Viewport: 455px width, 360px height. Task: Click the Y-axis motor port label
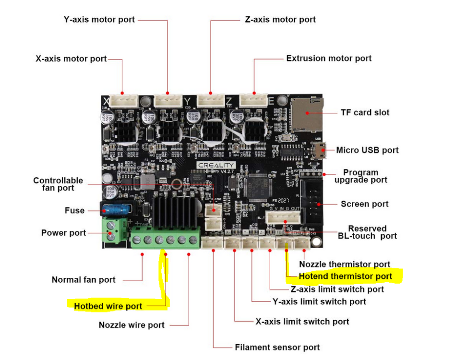99,20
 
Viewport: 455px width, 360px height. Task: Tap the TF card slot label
365,112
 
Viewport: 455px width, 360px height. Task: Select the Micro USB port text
367,150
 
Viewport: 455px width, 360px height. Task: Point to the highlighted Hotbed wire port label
108,306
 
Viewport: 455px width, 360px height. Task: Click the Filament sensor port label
277,347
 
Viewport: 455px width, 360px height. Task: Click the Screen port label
364,204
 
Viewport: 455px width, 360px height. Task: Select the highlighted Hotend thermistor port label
345,276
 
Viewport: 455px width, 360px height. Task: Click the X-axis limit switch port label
302,321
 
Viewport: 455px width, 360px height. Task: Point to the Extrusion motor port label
329,58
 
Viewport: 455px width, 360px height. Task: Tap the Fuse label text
74,210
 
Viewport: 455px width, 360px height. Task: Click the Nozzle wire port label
132,325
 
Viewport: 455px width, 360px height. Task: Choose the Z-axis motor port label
280,20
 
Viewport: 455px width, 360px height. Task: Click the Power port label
63,233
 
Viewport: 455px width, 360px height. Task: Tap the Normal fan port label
84,280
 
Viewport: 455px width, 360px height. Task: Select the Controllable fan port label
58,184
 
